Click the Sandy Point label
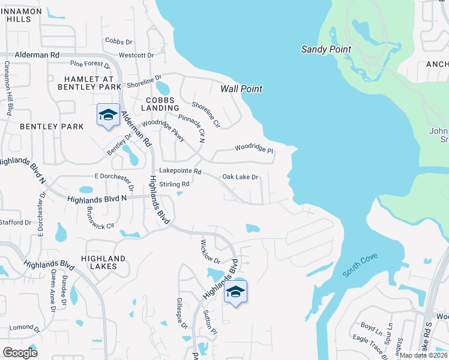coord(326,49)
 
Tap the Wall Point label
coord(241,89)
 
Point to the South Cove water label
coord(360,267)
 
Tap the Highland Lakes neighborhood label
coord(104,263)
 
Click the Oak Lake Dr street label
coord(240,177)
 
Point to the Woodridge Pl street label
coord(253,148)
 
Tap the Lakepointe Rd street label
coord(180,172)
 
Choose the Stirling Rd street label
coord(175,184)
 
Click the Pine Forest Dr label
coord(90,63)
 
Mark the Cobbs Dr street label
coord(118,41)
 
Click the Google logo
coord(20,352)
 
